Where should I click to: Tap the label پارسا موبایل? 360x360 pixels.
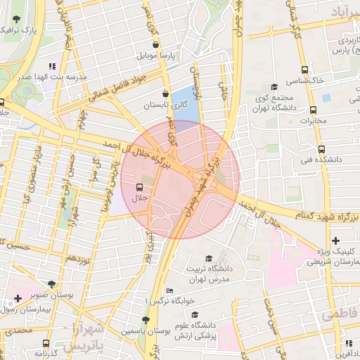[x=160, y=54]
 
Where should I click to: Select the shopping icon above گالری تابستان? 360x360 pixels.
[x=165, y=94]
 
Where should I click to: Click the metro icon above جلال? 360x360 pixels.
[x=139, y=187]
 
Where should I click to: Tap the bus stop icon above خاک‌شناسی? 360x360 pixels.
[x=304, y=70]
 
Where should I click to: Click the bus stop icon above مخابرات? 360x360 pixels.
[x=313, y=110]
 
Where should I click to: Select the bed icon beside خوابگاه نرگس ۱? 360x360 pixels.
[x=169, y=291]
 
